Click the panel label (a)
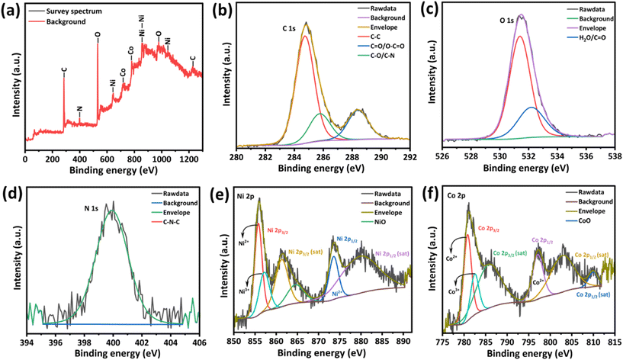pyautogui.click(x=10, y=10)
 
